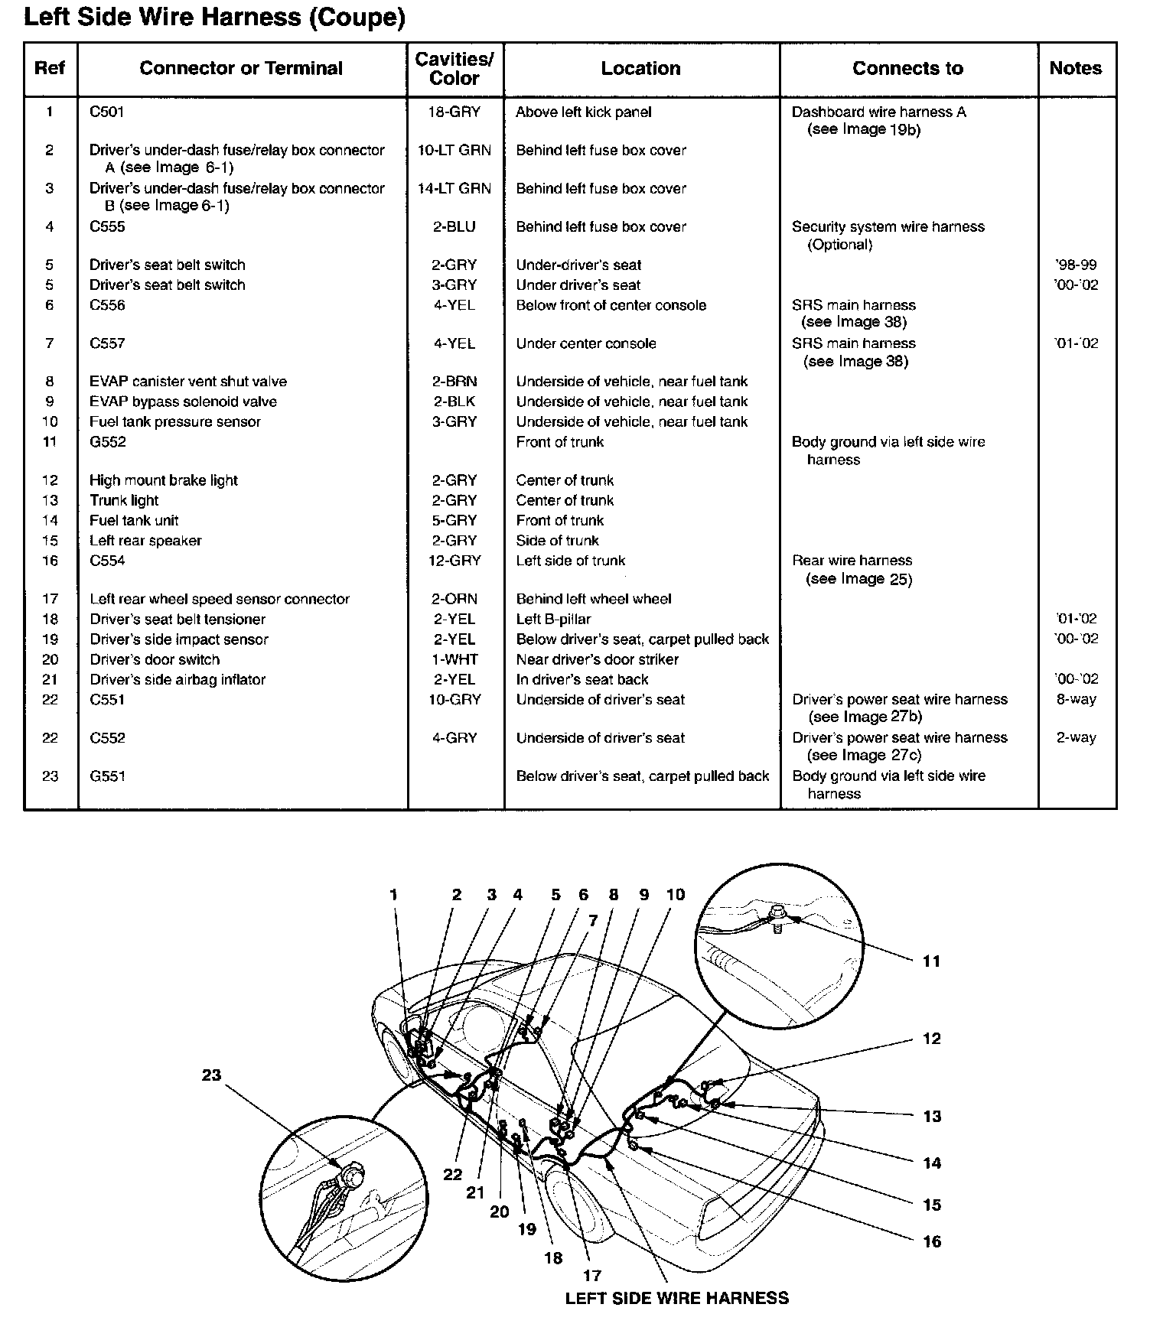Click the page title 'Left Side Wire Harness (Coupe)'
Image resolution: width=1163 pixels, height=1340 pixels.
[x=214, y=18]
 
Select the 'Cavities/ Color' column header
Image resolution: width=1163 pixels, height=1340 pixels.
[x=454, y=69]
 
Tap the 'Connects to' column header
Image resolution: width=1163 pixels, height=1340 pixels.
[x=907, y=69]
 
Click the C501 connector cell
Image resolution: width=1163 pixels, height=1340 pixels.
[x=106, y=112]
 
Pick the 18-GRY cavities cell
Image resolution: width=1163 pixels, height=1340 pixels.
[x=454, y=112]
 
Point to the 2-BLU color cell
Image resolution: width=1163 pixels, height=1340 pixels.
[x=454, y=227]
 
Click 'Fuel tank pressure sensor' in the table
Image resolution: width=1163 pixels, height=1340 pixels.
[x=174, y=422]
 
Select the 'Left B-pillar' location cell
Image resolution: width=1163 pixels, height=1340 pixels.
[x=553, y=620]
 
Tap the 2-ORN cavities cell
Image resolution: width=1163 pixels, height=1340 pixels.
[x=454, y=600]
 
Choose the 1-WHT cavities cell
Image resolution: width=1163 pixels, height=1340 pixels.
[x=454, y=660]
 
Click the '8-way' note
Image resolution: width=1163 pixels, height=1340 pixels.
[x=1076, y=700]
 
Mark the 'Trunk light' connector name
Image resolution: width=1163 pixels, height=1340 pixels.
[x=124, y=501]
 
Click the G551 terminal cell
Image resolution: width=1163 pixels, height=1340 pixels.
[x=107, y=777]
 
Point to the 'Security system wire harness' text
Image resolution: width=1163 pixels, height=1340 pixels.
[x=888, y=227]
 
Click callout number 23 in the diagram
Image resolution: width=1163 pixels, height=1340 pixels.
[x=211, y=1075]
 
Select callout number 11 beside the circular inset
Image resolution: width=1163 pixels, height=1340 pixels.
[x=931, y=961]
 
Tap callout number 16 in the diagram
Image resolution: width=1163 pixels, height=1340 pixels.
[x=931, y=1241]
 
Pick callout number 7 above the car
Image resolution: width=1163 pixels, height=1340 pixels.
[x=593, y=922]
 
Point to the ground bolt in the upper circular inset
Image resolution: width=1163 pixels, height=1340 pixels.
[x=777, y=913]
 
